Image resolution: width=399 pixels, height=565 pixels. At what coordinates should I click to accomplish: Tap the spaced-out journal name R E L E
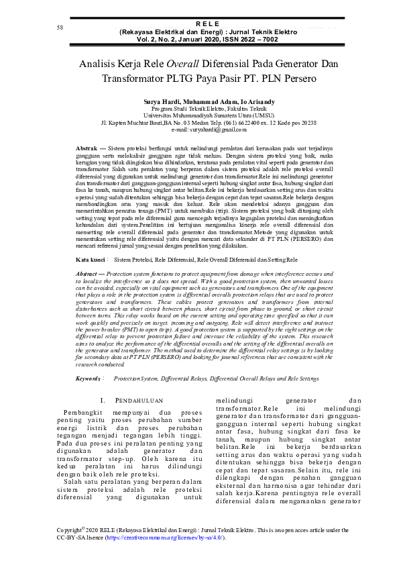click(x=199, y=23)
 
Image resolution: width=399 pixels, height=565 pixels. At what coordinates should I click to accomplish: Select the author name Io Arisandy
click(x=238, y=101)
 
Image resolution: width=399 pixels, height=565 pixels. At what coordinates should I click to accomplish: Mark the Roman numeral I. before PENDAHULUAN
click(x=103, y=401)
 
